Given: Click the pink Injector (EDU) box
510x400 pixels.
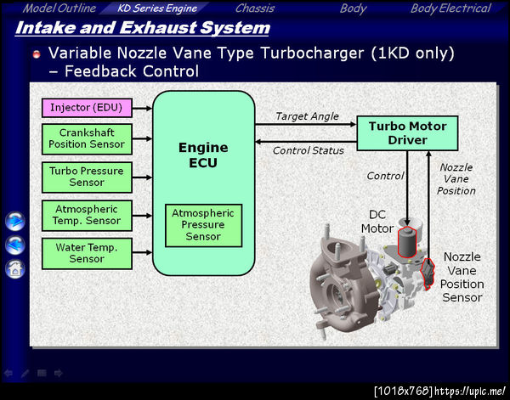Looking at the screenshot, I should pyautogui.click(x=87, y=108).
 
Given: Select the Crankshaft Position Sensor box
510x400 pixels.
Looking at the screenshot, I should pyautogui.click(x=87, y=138).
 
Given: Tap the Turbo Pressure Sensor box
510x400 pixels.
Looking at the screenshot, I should pyautogui.click(x=87, y=177).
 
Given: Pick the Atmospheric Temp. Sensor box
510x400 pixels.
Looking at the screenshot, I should pyautogui.click(x=87, y=214).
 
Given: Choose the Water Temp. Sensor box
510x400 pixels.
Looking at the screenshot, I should pyautogui.click(x=87, y=252).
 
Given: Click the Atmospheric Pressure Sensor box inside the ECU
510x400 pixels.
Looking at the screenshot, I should pyautogui.click(x=204, y=225).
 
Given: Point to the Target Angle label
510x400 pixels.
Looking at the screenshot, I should pyautogui.click(x=307, y=116).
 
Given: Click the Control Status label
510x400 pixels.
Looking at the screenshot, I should pyautogui.click(x=308, y=150).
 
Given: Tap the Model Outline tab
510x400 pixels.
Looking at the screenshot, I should pyautogui.click(x=59, y=8).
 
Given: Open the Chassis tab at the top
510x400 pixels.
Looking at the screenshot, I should pyautogui.click(x=255, y=8).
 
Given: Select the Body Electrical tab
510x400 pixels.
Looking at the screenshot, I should pyautogui.click(x=450, y=8).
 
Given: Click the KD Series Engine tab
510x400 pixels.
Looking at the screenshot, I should pyautogui.click(x=158, y=8).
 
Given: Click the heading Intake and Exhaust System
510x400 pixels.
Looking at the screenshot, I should pyautogui.click(x=143, y=28).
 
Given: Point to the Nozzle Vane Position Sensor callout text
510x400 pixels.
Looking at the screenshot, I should pyautogui.click(x=463, y=277).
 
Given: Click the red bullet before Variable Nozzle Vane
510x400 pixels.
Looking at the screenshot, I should pyautogui.click(x=37, y=54).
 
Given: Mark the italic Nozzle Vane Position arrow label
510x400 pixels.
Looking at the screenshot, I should pyautogui.click(x=456, y=178).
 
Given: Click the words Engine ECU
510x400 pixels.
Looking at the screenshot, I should pyautogui.click(x=203, y=155).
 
